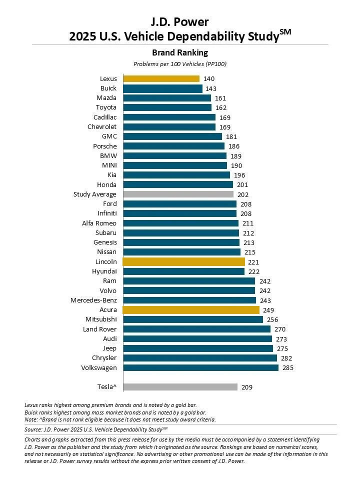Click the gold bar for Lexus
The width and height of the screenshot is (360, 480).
tap(161, 78)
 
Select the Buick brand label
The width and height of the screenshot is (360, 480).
tap(108, 88)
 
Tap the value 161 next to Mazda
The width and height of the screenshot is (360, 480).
tap(220, 98)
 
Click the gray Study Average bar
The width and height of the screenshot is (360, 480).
tap(178, 194)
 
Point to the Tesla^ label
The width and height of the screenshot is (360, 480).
tap(106, 386)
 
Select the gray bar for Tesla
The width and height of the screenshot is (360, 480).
tap(180, 386)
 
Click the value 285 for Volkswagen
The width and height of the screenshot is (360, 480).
tap(288, 367)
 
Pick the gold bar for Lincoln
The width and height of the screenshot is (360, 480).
tap(183, 261)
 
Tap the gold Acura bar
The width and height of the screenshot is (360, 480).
tap(191, 310)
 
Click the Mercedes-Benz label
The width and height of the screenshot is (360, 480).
tap(93, 300)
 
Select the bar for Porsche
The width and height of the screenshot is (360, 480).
tap(173, 146)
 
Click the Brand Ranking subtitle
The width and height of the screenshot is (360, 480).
tap(179, 52)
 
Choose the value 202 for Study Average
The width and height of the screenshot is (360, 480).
tap(243, 194)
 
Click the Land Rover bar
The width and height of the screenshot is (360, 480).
tap(196, 329)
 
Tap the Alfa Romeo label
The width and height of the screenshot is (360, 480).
tap(99, 223)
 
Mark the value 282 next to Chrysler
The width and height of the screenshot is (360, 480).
tap(286, 358)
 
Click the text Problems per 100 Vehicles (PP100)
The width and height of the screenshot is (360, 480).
tap(180, 64)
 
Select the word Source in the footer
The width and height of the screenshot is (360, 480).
tap(33, 429)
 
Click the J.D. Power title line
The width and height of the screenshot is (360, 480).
tap(179, 21)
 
